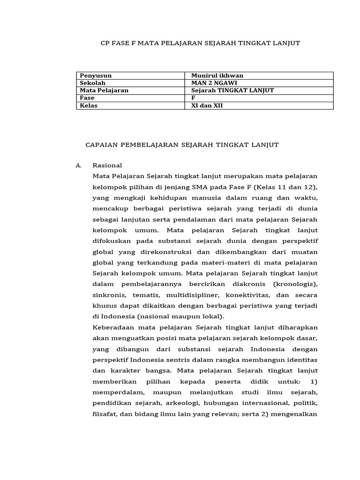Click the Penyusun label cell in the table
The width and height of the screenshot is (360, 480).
[x=96, y=75]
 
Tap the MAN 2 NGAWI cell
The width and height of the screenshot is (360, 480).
[x=210, y=83]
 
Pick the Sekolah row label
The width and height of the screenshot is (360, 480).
[x=93, y=83]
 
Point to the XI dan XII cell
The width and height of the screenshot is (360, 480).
[x=208, y=105]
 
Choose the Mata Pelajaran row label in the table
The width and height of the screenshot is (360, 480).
[x=104, y=90]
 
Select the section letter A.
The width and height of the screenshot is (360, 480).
[x=78, y=165]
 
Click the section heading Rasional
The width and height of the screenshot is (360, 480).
[x=107, y=165]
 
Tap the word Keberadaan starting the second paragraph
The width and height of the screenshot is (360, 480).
[x=112, y=328]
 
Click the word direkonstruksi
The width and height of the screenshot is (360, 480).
[x=163, y=252]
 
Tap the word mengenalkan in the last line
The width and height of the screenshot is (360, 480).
[x=298, y=414]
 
